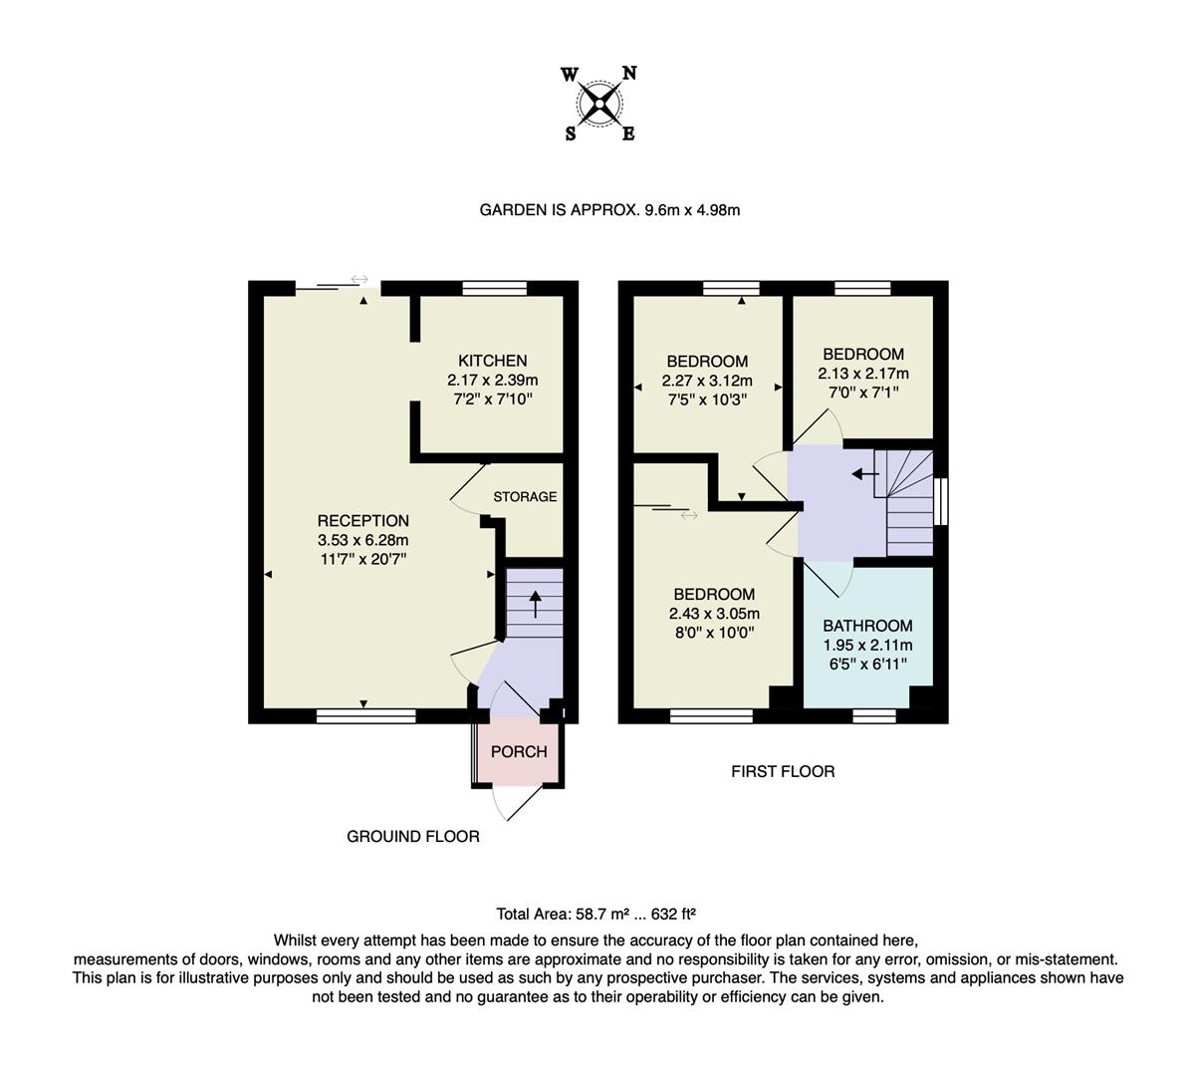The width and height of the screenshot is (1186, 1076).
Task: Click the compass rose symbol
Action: [x=599, y=103]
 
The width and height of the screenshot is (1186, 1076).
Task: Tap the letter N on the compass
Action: [x=629, y=73]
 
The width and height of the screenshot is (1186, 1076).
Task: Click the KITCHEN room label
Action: [x=492, y=361]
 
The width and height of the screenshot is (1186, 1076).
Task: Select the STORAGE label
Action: [x=525, y=496]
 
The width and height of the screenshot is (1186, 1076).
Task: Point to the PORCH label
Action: [x=519, y=751]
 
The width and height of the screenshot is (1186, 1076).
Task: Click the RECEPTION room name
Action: [x=362, y=520]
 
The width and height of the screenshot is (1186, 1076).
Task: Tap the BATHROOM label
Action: [x=867, y=626]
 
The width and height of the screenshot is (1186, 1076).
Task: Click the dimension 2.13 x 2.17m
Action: [x=863, y=374]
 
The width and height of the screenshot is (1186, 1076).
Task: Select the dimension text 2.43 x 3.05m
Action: [x=713, y=614]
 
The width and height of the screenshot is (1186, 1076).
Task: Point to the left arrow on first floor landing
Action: [x=864, y=474]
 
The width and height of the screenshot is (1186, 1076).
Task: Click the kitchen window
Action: [x=494, y=288]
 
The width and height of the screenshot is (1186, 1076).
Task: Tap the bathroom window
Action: [x=873, y=714]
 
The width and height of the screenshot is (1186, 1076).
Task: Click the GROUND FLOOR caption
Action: [x=412, y=836]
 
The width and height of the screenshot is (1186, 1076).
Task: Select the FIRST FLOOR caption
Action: [x=783, y=771]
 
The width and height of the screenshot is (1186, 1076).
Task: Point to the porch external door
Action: [x=518, y=801]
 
